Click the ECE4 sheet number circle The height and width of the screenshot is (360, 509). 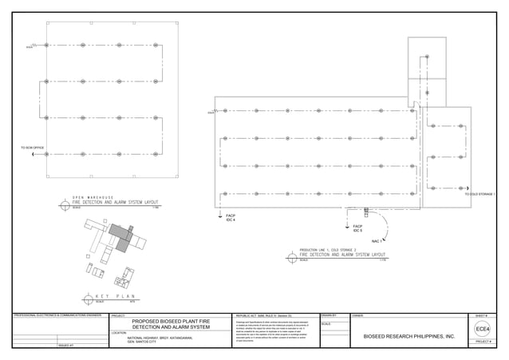(x=482, y=330)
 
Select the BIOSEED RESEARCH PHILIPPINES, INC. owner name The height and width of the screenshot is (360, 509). (x=408, y=337)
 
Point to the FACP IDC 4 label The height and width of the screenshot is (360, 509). (x=231, y=217)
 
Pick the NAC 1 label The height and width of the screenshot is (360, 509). (x=377, y=240)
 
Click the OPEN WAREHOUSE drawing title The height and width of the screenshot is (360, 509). (x=93, y=197)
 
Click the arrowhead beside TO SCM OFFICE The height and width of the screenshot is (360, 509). (x=33, y=154)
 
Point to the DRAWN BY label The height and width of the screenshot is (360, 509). (x=329, y=317)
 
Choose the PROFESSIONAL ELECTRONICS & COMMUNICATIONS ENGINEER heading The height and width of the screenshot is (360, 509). (x=58, y=317)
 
